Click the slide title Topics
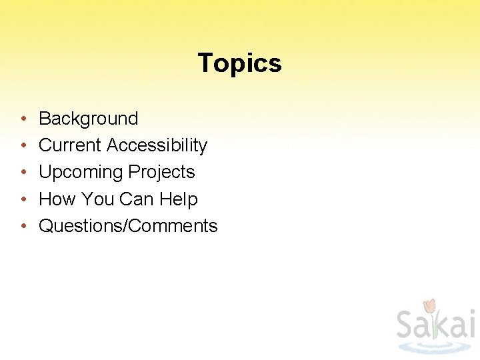[239, 63]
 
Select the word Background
[88, 119]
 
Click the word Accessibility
[157, 145]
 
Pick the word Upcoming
[81, 173]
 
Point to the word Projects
[161, 172]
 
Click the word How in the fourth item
[57, 199]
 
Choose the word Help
[179, 199]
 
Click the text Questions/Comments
[128, 226]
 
